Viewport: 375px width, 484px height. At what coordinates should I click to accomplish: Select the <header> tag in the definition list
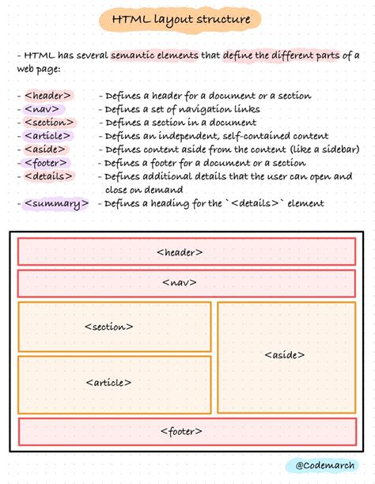(x=47, y=96)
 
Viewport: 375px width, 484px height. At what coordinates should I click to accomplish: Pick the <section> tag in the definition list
(x=50, y=123)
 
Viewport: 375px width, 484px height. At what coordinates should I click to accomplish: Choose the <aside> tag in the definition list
(x=45, y=149)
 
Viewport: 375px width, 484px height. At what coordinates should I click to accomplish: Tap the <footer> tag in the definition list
(x=47, y=163)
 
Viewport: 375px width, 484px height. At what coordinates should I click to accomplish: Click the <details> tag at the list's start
(x=48, y=176)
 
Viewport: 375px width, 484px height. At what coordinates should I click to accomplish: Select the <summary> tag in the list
(x=55, y=203)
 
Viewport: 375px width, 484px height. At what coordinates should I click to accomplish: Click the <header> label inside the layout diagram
(x=180, y=252)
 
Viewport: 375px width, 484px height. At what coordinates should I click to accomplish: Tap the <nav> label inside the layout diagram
(x=180, y=282)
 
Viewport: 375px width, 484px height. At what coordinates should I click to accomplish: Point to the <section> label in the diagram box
(x=108, y=326)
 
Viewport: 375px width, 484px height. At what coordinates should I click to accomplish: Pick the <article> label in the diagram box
(x=108, y=382)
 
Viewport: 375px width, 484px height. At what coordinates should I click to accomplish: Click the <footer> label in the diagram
(x=181, y=431)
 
